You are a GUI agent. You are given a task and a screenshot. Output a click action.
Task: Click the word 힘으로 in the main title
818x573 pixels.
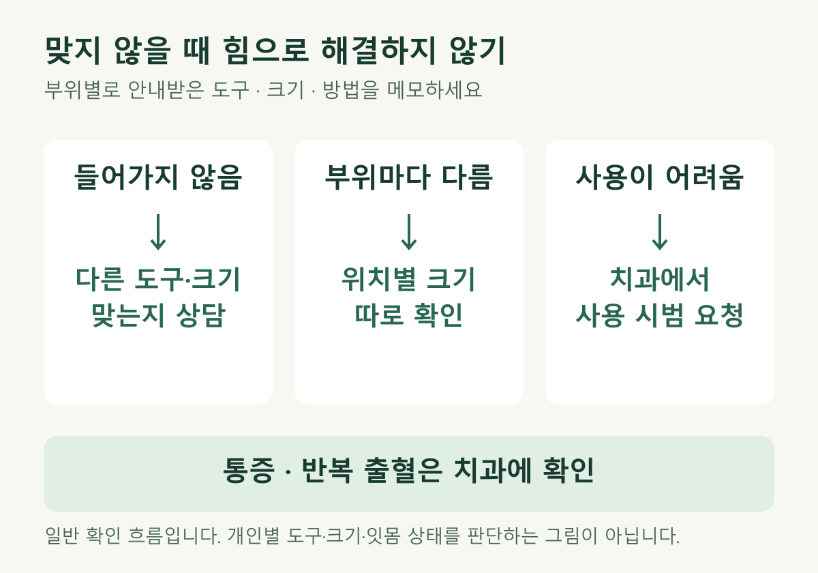[266, 50]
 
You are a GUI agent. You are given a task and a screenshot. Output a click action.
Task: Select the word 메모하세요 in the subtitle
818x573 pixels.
[435, 89]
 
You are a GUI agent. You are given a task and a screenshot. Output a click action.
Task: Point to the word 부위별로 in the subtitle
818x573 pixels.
[82, 89]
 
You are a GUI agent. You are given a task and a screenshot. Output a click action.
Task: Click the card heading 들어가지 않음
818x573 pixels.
[158, 177]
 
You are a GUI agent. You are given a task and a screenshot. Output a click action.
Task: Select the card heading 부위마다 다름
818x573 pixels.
[409, 177]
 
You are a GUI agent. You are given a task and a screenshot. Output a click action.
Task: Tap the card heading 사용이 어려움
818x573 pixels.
[660, 177]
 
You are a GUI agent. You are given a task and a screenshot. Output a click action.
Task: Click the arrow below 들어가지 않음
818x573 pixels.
[158, 232]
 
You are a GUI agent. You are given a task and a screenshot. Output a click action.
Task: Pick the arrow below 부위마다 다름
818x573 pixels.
[409, 232]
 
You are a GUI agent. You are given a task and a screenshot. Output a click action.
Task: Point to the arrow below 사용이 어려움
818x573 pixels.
[660, 232]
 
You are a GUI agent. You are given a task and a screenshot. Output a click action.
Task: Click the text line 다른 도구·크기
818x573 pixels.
[158, 280]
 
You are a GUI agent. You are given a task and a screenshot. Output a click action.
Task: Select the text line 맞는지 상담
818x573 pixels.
[158, 315]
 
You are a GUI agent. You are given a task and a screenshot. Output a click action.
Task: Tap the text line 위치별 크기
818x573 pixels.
[408, 280]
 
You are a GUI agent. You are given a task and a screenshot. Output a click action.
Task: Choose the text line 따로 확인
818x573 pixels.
[408, 315]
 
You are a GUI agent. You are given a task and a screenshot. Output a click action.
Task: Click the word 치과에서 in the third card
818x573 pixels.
[660, 280]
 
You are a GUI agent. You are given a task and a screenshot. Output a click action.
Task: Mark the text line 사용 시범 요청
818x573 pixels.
[660, 315]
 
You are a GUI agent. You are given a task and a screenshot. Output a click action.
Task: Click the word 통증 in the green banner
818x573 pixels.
[249, 470]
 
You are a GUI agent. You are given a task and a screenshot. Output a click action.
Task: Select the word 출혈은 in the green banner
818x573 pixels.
[403, 470]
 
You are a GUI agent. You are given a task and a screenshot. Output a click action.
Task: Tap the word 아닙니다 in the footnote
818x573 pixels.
[642, 535]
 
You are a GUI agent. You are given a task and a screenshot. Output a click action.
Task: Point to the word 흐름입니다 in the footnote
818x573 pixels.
[175, 535]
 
